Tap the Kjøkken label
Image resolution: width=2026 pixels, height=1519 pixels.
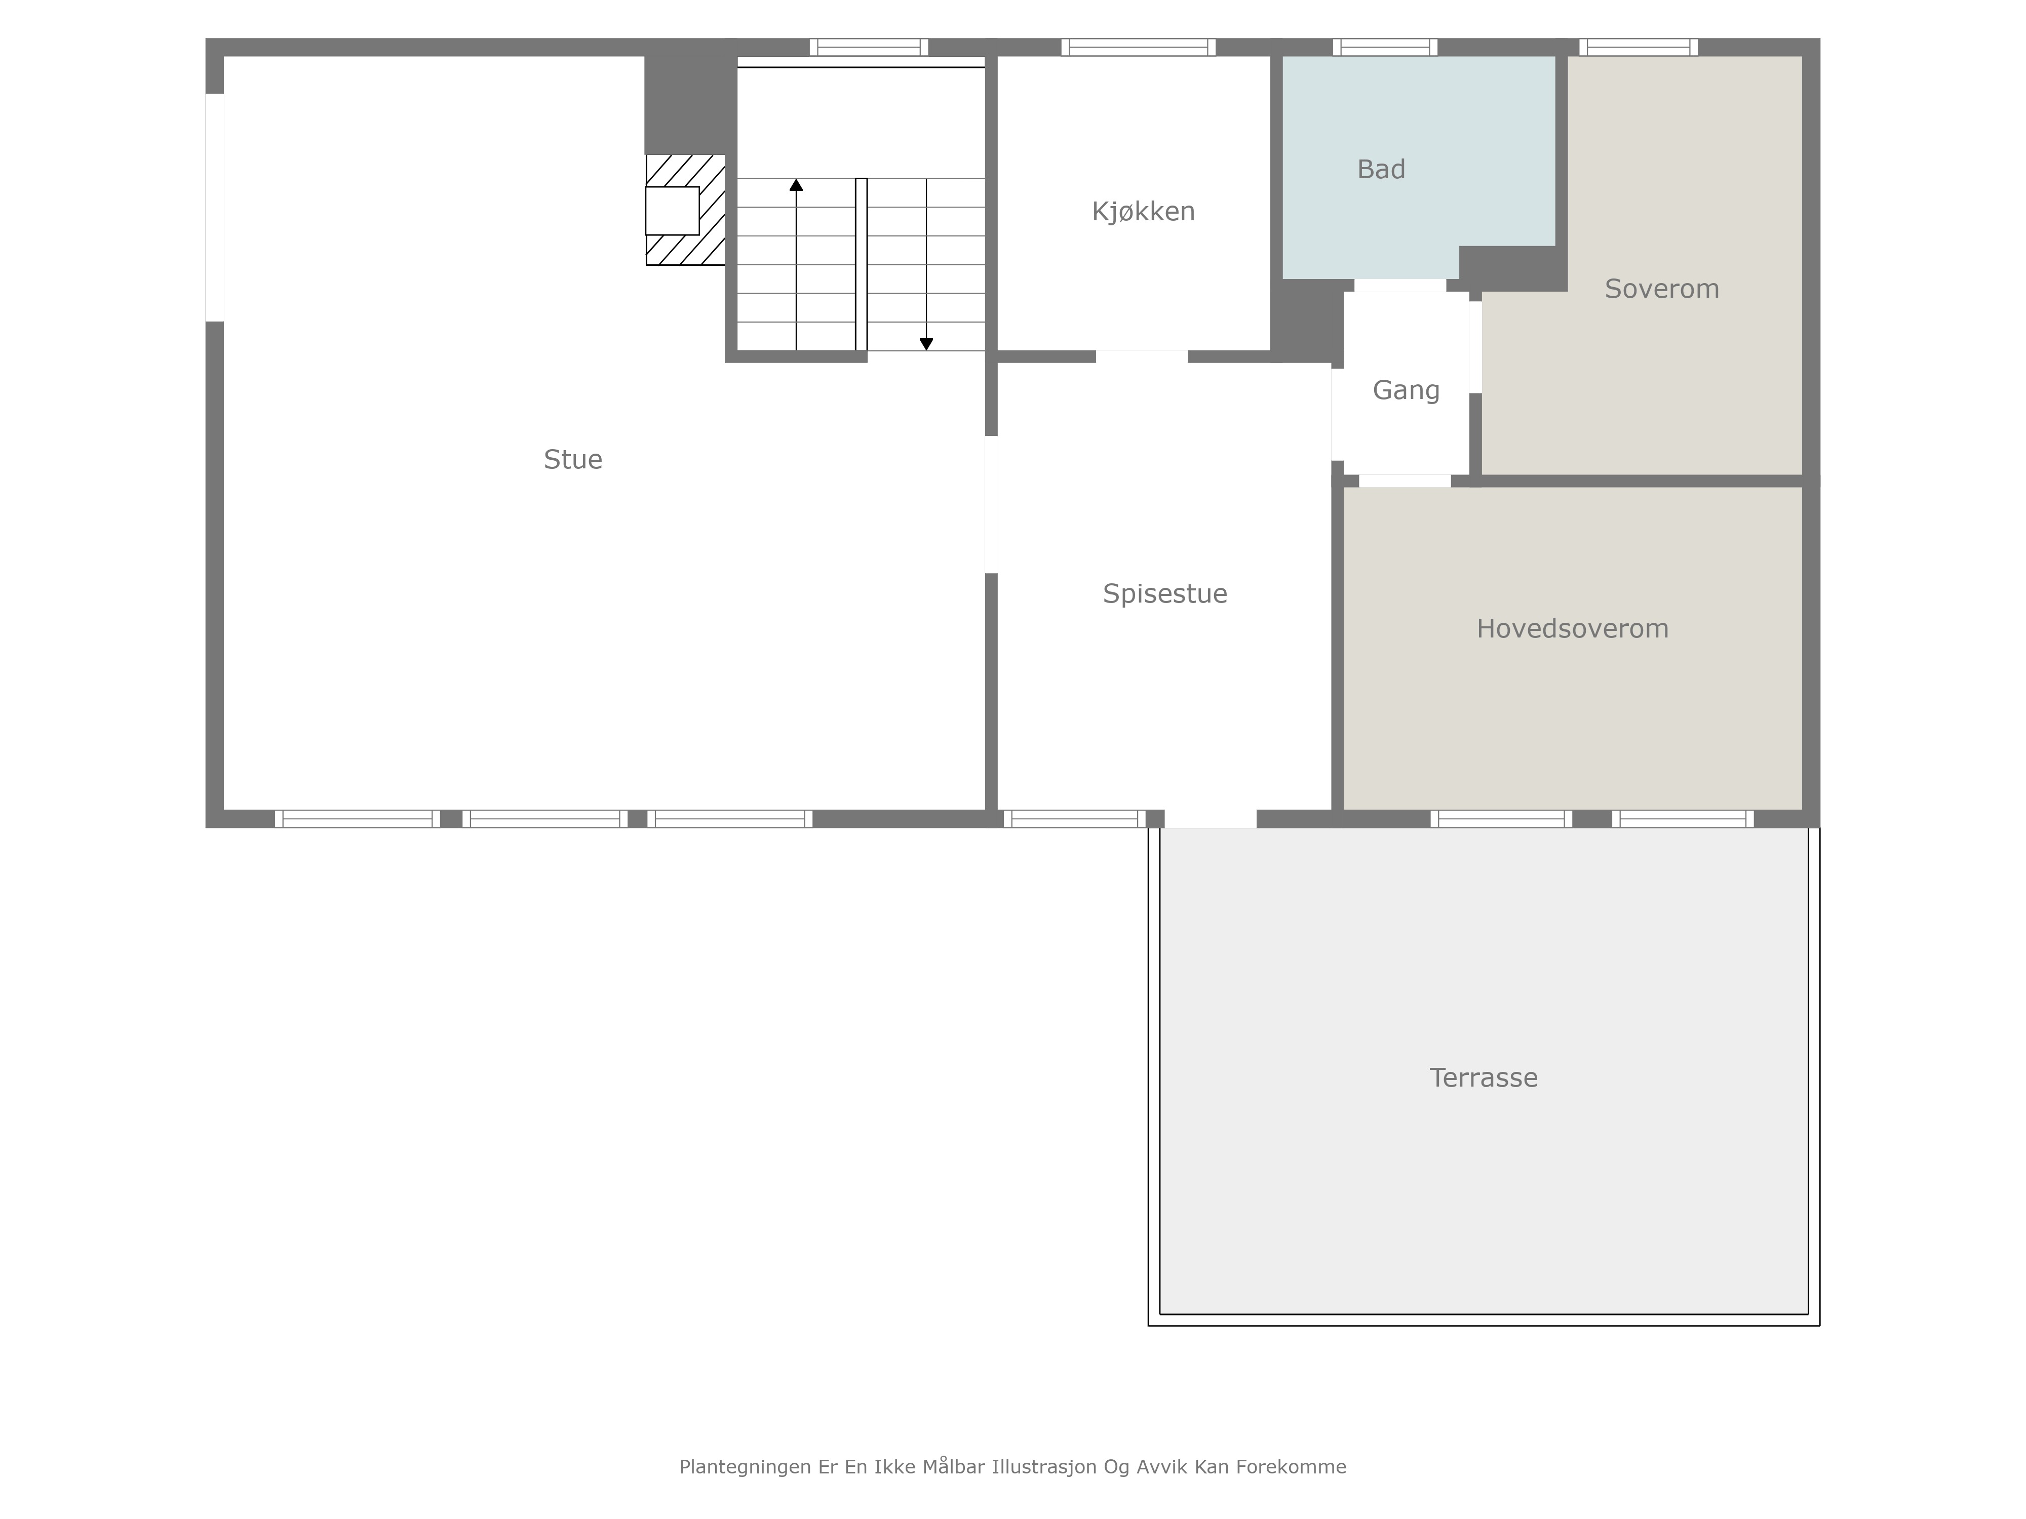[x=1143, y=212]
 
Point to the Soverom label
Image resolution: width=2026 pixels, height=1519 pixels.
[x=1661, y=289]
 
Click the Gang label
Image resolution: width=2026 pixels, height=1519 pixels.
[x=1406, y=391]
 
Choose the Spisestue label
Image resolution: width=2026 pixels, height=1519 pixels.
[x=1164, y=594]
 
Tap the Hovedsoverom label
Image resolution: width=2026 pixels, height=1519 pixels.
[x=1572, y=629]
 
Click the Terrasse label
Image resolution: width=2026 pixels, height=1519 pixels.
[x=1483, y=1077]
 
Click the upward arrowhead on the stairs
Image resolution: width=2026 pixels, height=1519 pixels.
[x=796, y=185]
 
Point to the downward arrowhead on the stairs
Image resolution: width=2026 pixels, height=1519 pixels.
[x=926, y=344]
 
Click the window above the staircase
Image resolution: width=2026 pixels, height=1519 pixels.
[x=868, y=47]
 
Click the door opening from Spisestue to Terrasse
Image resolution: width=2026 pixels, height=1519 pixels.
[x=1210, y=819]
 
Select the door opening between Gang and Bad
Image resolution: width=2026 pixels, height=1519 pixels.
[x=1399, y=285]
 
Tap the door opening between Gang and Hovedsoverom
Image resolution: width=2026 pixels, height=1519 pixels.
[x=1404, y=481]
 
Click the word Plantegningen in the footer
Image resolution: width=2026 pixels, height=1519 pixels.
[x=745, y=1467]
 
